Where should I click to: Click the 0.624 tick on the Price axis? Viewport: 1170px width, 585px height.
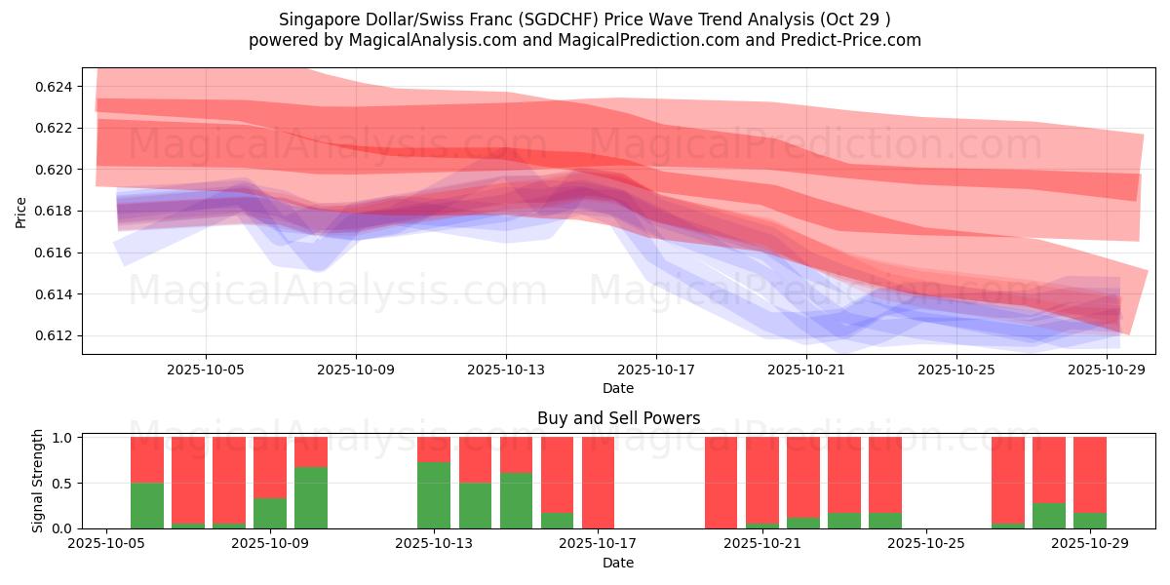tap(56, 87)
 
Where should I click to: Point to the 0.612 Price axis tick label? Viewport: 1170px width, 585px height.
tap(56, 335)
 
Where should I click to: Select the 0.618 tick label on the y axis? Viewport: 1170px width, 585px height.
tap(56, 212)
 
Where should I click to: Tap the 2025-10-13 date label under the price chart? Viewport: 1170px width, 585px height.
tap(506, 370)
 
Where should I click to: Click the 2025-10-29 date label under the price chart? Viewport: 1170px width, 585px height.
tap(1108, 370)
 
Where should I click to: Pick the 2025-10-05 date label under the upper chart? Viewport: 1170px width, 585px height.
tap(206, 370)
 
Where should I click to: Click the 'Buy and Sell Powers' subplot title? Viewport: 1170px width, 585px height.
tap(618, 418)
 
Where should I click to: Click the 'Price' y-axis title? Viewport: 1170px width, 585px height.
tap(22, 212)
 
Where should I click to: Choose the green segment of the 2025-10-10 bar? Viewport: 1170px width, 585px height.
tap(311, 497)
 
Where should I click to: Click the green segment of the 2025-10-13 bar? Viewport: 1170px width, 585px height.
tap(434, 495)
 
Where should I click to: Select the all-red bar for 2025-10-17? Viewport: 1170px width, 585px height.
tap(598, 483)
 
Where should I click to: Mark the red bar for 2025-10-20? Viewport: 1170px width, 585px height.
tap(721, 483)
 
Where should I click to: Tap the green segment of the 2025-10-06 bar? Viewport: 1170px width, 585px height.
tap(147, 505)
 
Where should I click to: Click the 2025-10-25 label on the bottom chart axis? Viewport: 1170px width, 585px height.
tap(926, 543)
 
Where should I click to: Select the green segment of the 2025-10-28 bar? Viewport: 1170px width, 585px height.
tap(1048, 516)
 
